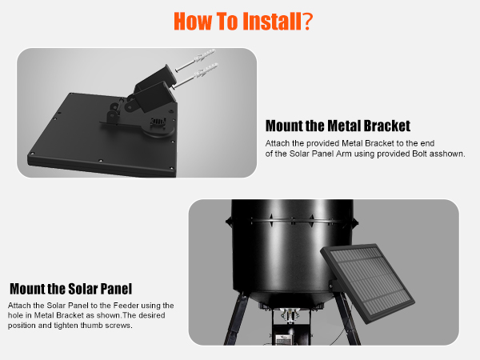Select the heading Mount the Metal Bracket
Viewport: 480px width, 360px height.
(338, 126)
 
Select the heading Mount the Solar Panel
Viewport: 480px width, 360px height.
(70, 288)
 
